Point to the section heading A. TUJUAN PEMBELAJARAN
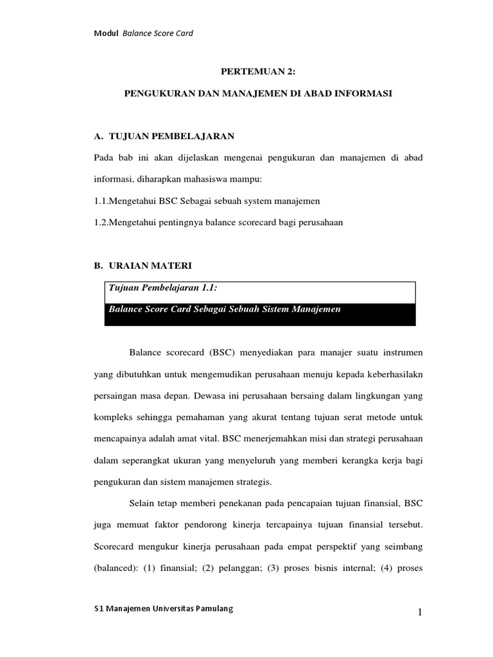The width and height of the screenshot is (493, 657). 164,136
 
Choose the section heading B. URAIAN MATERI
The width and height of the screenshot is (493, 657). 142,265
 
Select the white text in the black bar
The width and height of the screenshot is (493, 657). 224,309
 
